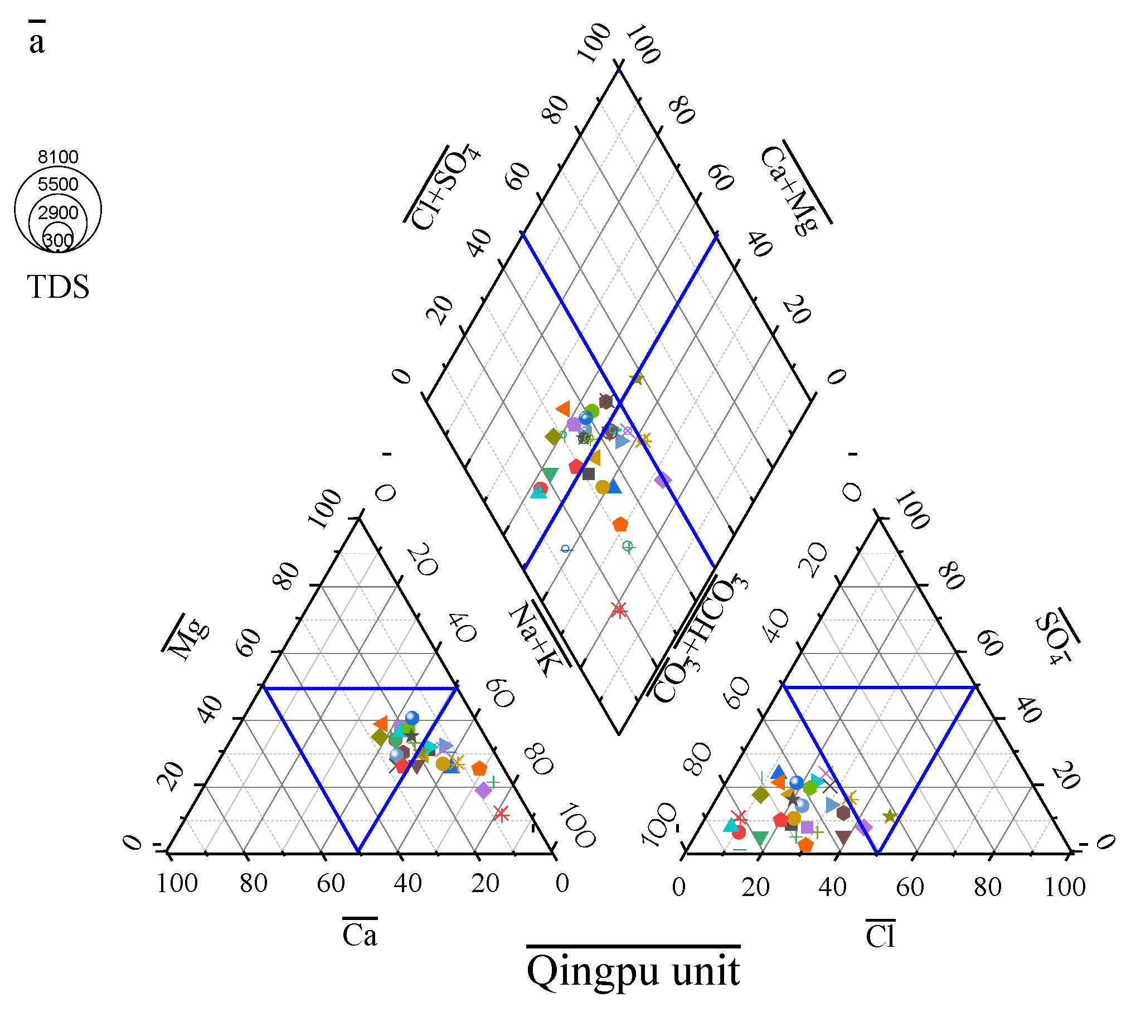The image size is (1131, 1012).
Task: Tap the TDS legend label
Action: click(x=58, y=287)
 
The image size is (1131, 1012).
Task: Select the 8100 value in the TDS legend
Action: click(x=58, y=157)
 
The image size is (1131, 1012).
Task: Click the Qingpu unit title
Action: click(x=633, y=971)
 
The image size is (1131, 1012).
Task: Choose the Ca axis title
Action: click(x=360, y=935)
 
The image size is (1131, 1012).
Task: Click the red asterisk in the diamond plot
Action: click(x=618, y=610)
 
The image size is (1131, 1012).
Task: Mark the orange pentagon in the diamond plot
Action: click(x=620, y=524)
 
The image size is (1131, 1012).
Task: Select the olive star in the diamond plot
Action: click(x=637, y=379)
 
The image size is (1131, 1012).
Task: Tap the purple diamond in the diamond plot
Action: click(x=663, y=480)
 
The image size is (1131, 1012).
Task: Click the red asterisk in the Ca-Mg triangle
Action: click(x=501, y=815)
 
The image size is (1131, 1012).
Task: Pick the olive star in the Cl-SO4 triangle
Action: click(x=890, y=816)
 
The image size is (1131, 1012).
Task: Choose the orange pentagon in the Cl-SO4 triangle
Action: click(x=805, y=845)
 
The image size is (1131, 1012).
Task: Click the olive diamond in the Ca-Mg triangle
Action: click(x=380, y=737)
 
